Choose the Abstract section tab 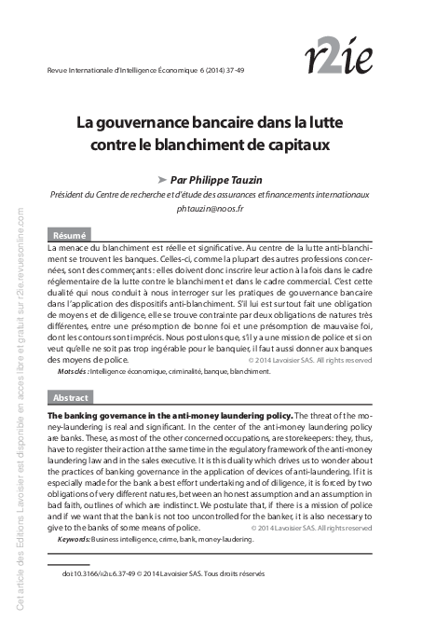[71, 396]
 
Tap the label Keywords [77, 539]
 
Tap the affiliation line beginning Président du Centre [210, 195]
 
